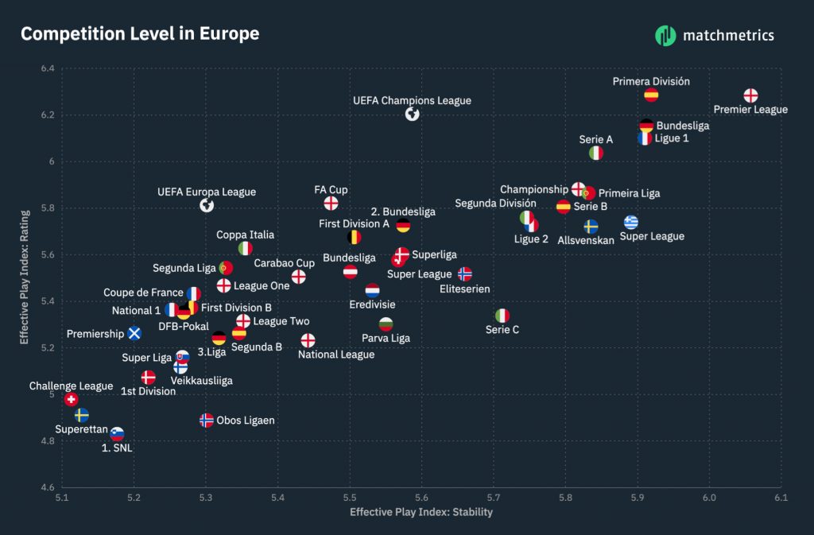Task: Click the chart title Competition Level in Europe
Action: [140, 33]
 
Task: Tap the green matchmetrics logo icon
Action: [665, 35]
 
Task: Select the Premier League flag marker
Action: [750, 95]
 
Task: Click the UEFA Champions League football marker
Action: [412, 114]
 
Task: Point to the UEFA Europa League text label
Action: [207, 192]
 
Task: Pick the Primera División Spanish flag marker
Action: [651, 95]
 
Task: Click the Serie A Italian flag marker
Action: [596, 153]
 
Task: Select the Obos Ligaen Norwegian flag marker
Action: [207, 420]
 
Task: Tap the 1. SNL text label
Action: [118, 448]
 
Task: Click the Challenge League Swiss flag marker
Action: [71, 399]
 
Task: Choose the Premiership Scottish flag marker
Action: [134, 332]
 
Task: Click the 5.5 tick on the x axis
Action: [350, 498]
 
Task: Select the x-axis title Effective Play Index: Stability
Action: [421, 512]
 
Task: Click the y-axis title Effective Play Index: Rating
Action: [25, 277]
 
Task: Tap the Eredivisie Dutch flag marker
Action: [372, 290]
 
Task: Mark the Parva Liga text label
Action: [386, 338]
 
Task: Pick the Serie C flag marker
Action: [502, 316]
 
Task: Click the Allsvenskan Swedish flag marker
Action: [591, 226]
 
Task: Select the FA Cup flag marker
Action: [331, 204]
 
